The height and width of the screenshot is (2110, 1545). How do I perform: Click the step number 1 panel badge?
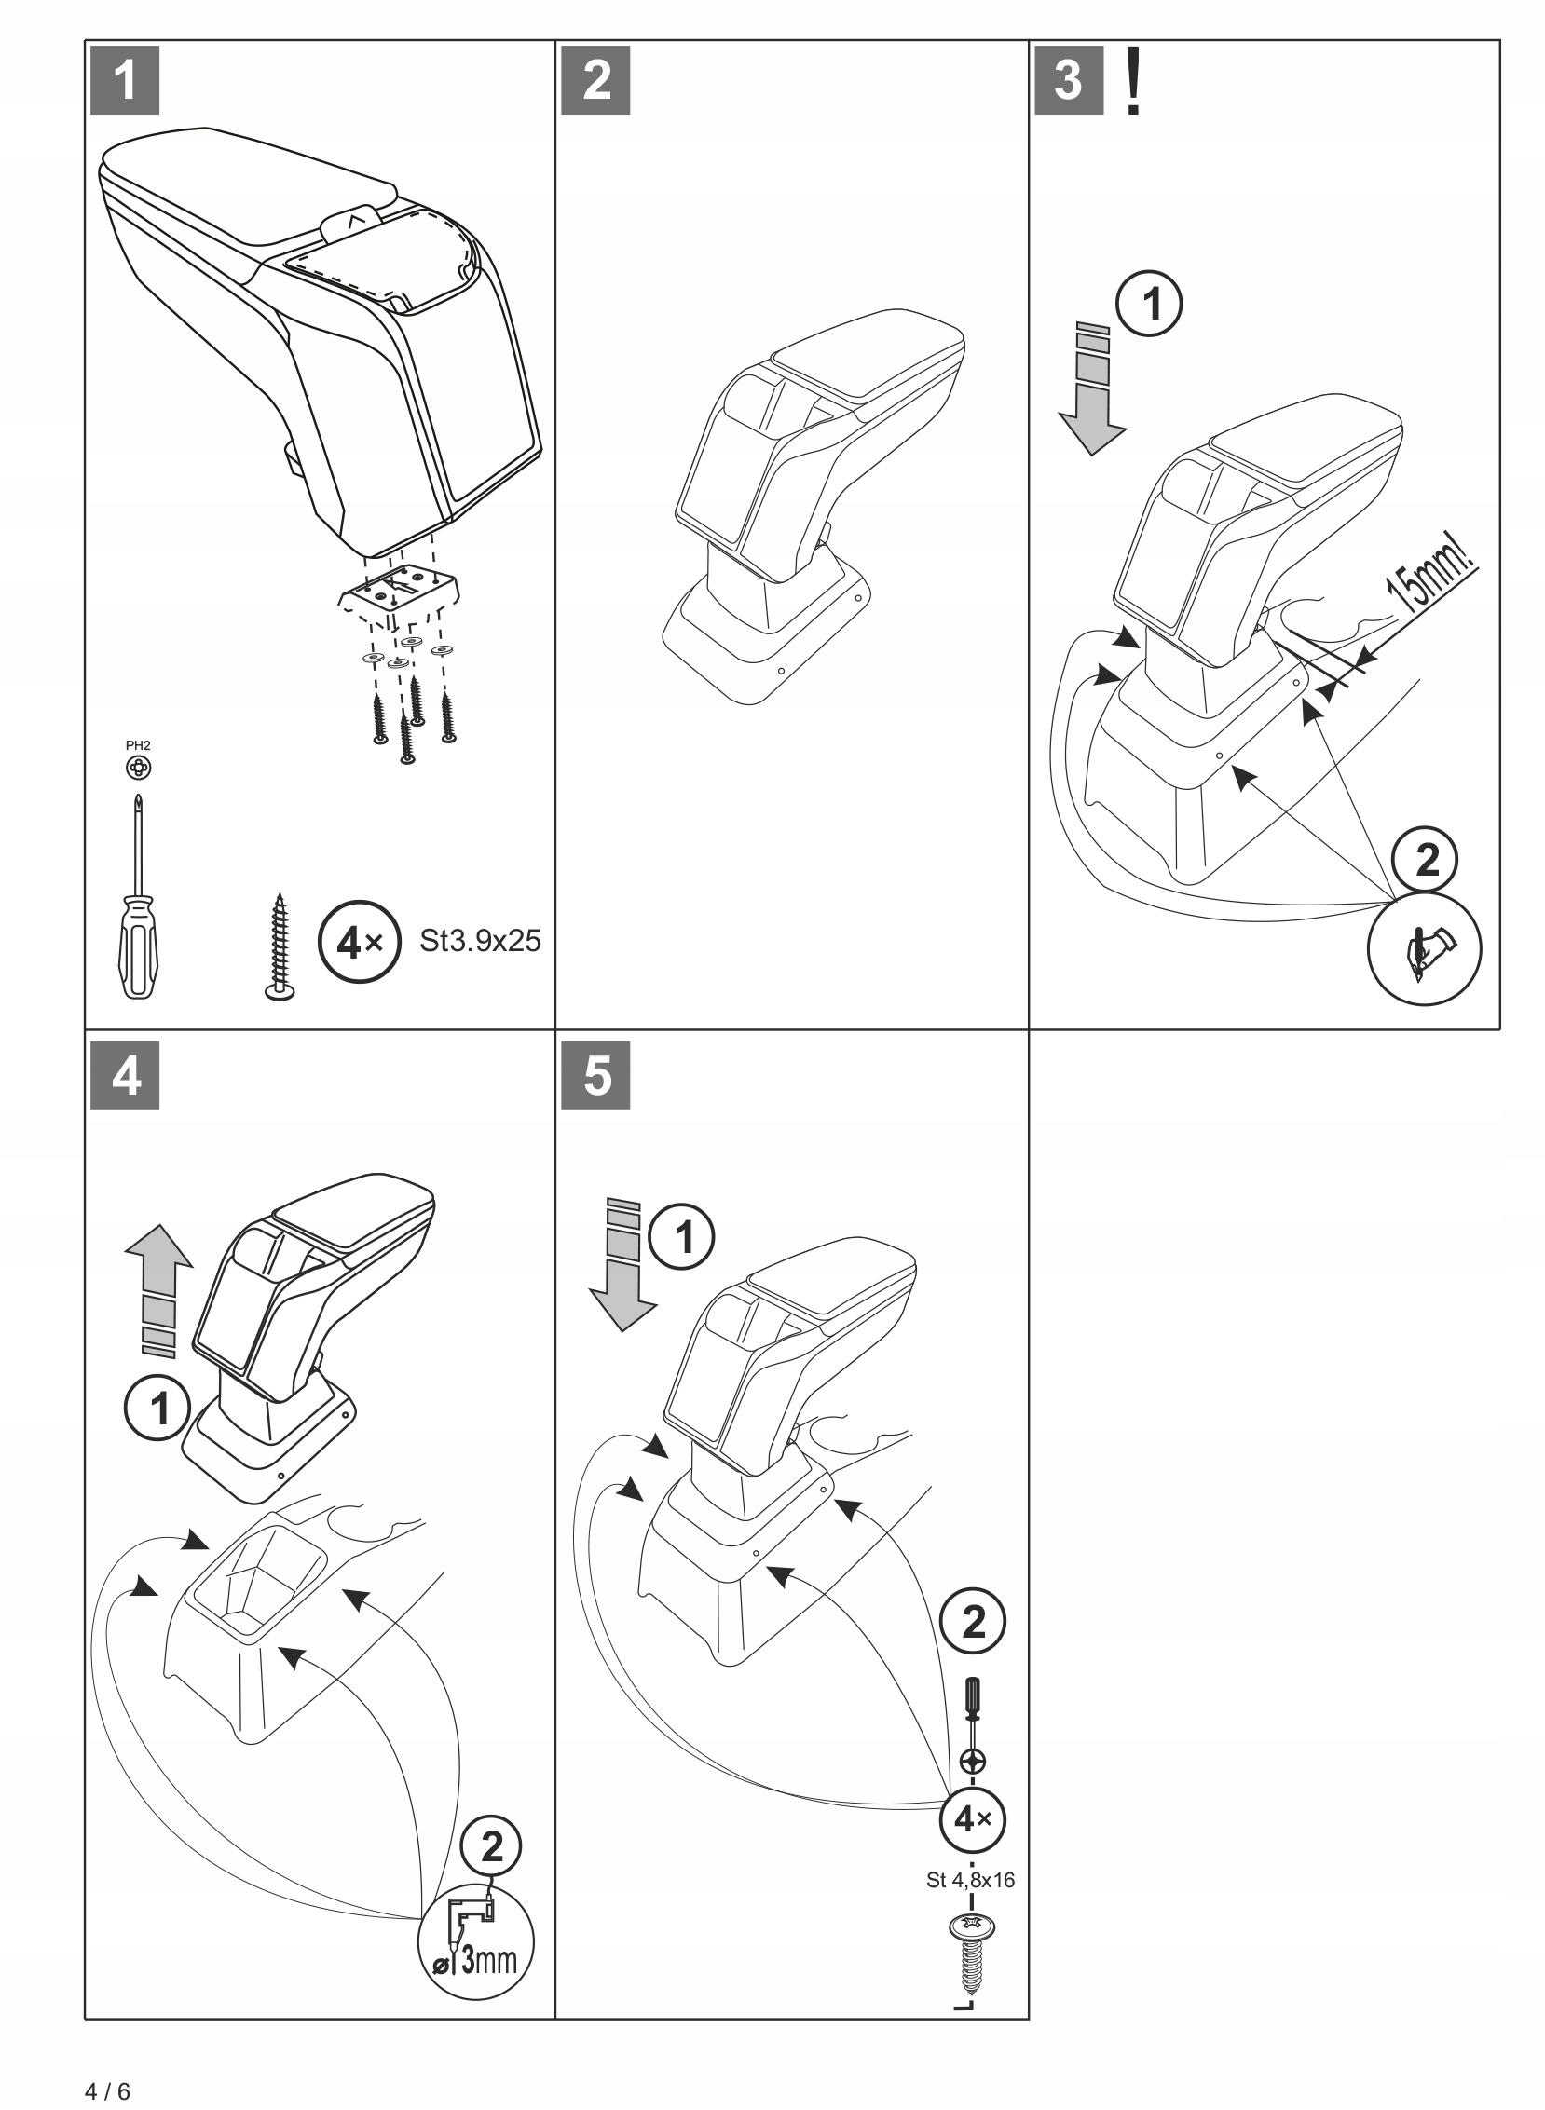124,80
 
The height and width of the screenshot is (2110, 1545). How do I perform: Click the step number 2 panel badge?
595,80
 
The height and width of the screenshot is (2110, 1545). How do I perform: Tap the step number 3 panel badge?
1068,80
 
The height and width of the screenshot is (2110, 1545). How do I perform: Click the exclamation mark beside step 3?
1132,82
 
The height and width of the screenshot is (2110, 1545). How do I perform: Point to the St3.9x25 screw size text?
480,941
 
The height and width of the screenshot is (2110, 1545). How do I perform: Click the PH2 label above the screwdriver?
138,745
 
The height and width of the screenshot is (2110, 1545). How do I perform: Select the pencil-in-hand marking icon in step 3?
1424,949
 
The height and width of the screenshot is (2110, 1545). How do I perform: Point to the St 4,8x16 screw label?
970,1880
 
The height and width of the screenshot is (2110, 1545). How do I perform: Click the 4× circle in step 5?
973,1819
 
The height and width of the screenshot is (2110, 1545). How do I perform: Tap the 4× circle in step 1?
360,943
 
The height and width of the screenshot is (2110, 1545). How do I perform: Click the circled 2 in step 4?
491,1847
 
